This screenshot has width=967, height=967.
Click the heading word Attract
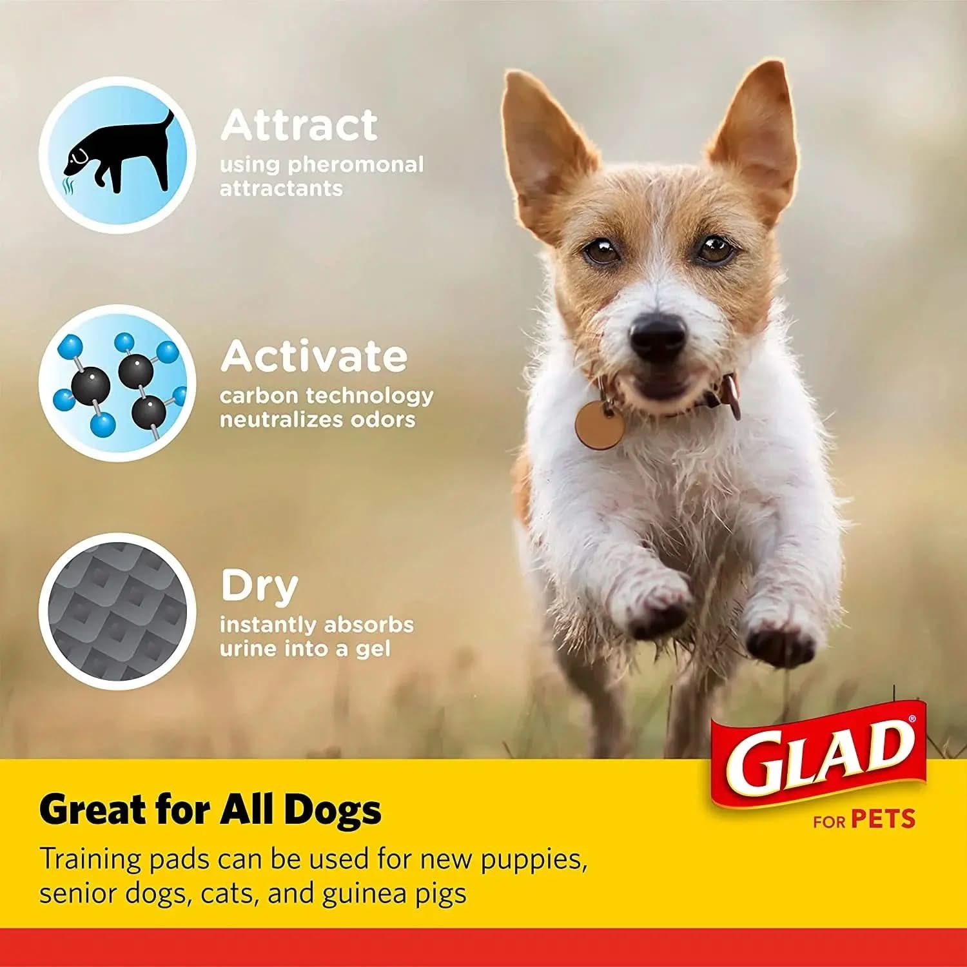tap(298, 125)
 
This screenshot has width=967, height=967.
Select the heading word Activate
tap(314, 357)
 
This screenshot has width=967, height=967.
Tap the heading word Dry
tap(259, 587)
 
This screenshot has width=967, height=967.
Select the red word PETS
tap(883, 819)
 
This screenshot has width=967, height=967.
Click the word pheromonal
tap(355, 164)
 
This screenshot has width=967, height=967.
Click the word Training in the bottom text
tap(90, 860)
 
